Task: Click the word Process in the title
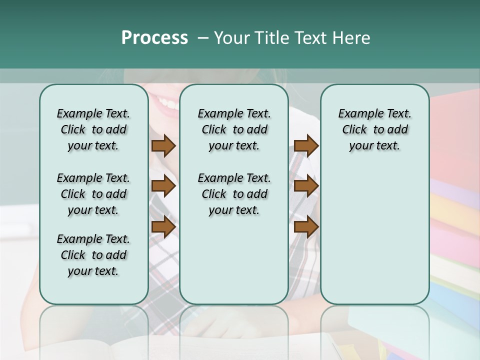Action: pos(154,38)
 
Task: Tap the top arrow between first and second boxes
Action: pos(163,146)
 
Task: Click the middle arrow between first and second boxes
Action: pos(163,186)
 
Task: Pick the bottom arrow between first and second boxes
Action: pos(163,226)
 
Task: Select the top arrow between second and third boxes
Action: pos(306,146)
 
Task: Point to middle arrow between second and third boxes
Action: pos(306,186)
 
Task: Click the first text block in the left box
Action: pos(93,129)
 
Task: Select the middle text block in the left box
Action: pos(93,194)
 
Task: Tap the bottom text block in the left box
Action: pos(93,255)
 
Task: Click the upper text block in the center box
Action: pos(234,129)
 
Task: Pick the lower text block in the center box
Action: pos(234,194)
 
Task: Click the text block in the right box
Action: pos(374,129)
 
